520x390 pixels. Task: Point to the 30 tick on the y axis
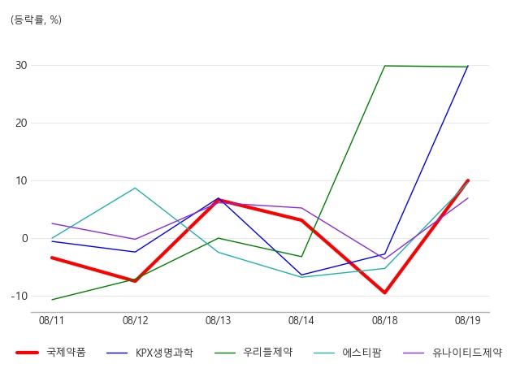[x=21, y=65]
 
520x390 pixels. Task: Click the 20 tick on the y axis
[x=21, y=123]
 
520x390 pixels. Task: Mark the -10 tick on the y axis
[x=19, y=296]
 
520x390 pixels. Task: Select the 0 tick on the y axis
[x=25, y=238]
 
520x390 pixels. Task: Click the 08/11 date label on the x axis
[x=51, y=320]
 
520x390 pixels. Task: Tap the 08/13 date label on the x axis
[x=218, y=320]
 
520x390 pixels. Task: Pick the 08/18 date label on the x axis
[x=384, y=320]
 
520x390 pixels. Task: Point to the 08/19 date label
[x=468, y=320]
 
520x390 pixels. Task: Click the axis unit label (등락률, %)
[x=36, y=19]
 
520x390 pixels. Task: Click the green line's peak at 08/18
[x=384, y=66]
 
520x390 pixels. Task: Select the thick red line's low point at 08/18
[x=384, y=292]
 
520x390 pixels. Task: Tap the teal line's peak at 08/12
[x=135, y=188]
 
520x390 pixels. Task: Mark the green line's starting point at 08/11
[x=52, y=300]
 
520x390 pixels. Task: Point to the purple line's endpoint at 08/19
[x=468, y=198]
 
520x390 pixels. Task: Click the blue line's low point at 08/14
[x=301, y=275]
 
